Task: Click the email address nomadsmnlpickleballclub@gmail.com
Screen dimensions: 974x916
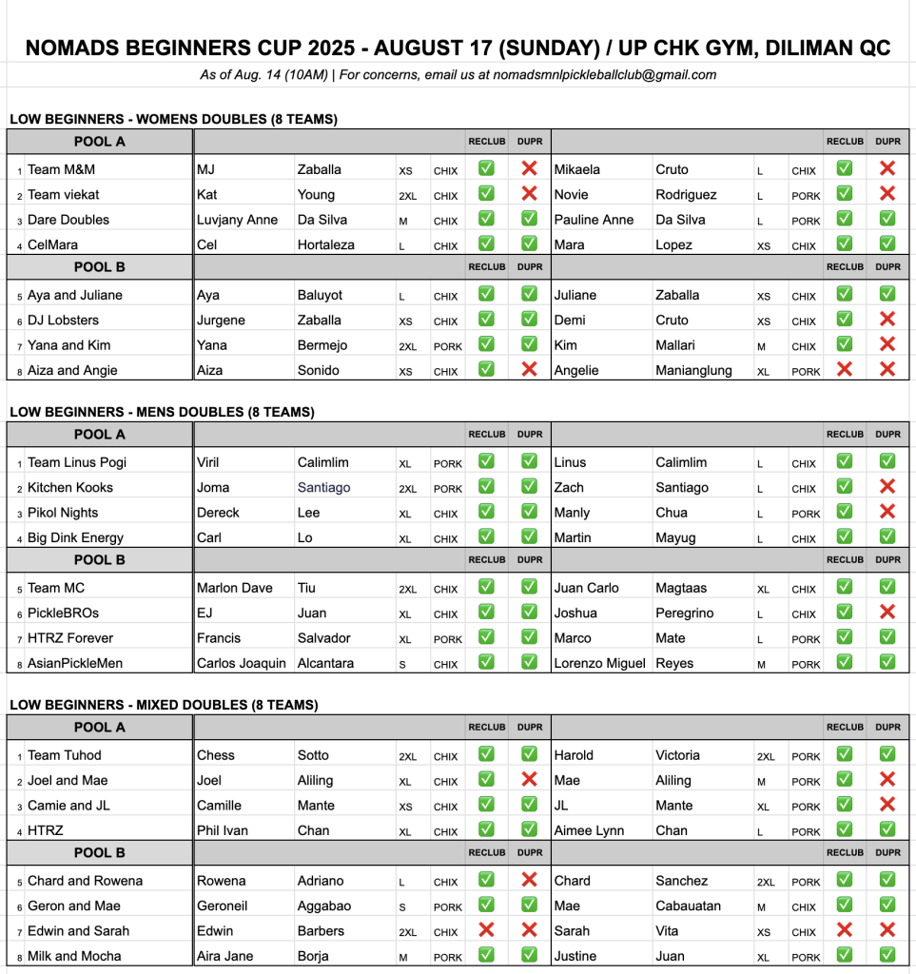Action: pyautogui.click(x=604, y=75)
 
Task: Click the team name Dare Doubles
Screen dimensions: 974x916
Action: pyautogui.click(x=68, y=220)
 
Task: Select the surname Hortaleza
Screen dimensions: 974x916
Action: pyautogui.click(x=326, y=245)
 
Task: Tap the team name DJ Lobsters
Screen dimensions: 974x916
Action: pyautogui.click(x=63, y=321)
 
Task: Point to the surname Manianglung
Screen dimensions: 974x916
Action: pyautogui.click(x=694, y=371)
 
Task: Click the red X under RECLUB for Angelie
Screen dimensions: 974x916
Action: pyautogui.click(x=844, y=369)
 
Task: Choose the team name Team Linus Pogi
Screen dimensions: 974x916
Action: pyautogui.click(x=77, y=463)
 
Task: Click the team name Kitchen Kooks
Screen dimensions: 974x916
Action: pyautogui.click(x=70, y=488)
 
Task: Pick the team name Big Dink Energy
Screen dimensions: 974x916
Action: pyautogui.click(x=76, y=538)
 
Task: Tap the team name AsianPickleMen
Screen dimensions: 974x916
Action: pyautogui.click(x=75, y=664)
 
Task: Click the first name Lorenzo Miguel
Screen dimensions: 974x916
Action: pyautogui.click(x=600, y=664)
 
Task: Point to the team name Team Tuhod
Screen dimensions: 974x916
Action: pyautogui.click(x=65, y=756)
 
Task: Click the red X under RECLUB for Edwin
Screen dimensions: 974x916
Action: pyautogui.click(x=486, y=929)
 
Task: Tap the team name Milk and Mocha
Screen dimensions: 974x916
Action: pyautogui.click(x=74, y=957)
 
